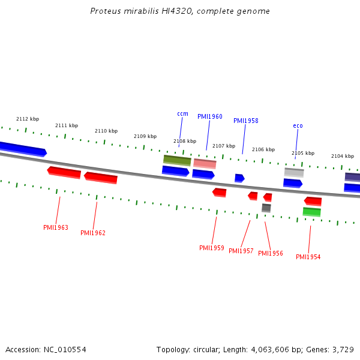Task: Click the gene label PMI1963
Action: tap(56, 228)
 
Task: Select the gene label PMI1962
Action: tap(93, 233)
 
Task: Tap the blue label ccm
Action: tap(182, 114)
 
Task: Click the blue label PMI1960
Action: tap(210, 116)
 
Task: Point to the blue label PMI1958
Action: tap(246, 121)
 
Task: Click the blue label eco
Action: tap(298, 125)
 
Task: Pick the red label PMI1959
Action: tap(212, 248)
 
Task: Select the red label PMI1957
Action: tap(241, 251)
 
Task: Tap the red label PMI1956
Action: tap(271, 253)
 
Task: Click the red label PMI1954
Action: tap(308, 257)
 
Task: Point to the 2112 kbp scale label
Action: tap(28, 119)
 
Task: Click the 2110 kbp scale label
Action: tap(106, 131)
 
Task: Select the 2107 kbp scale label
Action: tap(224, 146)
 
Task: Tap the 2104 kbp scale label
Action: tap(343, 155)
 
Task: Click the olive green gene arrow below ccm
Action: tap(177, 160)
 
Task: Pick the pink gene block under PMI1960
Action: tap(205, 163)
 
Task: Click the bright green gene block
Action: tap(312, 212)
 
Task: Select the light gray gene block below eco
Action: tap(294, 172)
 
